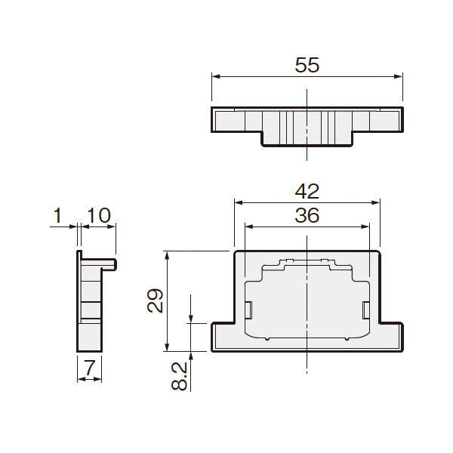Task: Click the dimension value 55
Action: (x=307, y=65)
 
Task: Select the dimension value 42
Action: (x=307, y=191)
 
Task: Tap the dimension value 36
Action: (x=307, y=215)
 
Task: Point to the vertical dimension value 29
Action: (x=155, y=300)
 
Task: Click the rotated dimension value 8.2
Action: (x=179, y=377)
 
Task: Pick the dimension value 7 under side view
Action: (x=89, y=368)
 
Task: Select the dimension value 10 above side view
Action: (x=98, y=215)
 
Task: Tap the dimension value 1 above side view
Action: (x=58, y=215)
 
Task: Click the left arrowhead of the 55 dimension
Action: (x=216, y=76)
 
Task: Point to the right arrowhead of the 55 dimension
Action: (x=399, y=76)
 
